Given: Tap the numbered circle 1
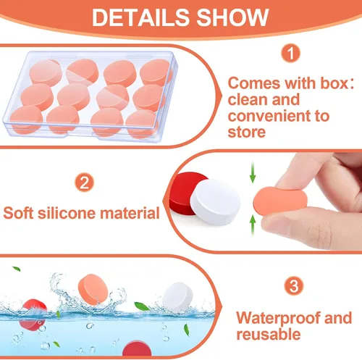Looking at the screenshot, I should click(290, 54).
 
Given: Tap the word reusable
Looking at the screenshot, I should click(268, 335).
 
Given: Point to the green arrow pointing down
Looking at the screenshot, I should click(252, 173).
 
